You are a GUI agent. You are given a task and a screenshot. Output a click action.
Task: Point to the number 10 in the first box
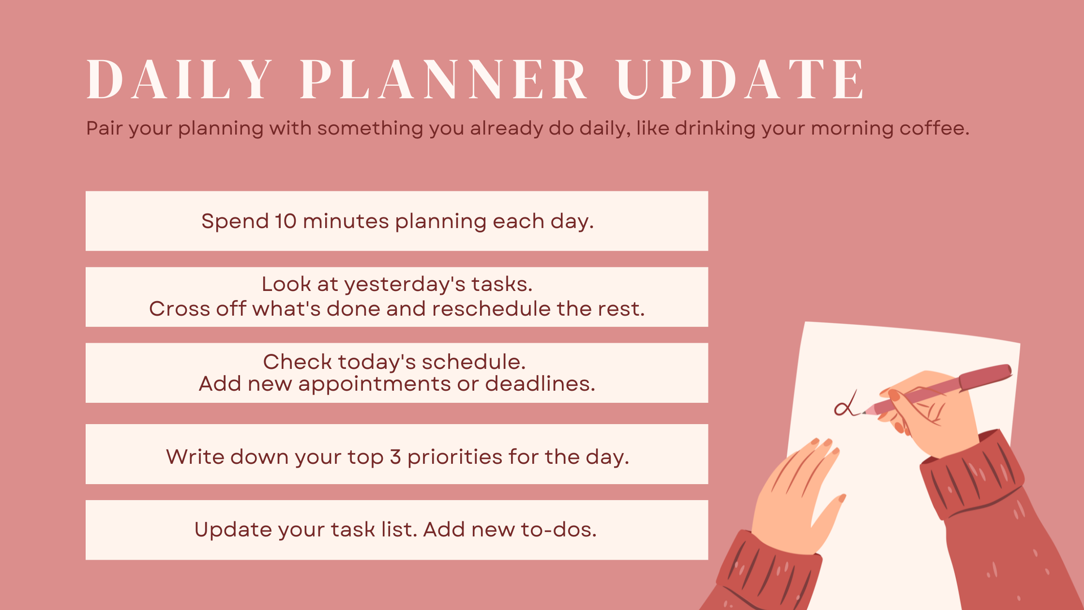pyautogui.click(x=286, y=221)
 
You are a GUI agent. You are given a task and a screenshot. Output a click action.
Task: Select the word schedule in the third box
pyautogui.click(x=473, y=361)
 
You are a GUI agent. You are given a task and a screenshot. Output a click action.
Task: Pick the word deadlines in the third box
pyautogui.click(x=540, y=384)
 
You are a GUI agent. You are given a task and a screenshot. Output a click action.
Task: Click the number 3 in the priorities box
pyautogui.click(x=395, y=457)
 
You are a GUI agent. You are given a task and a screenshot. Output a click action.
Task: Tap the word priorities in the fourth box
pyautogui.click(x=454, y=457)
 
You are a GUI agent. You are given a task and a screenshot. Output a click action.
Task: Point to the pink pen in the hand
pyautogui.click(x=937, y=389)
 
